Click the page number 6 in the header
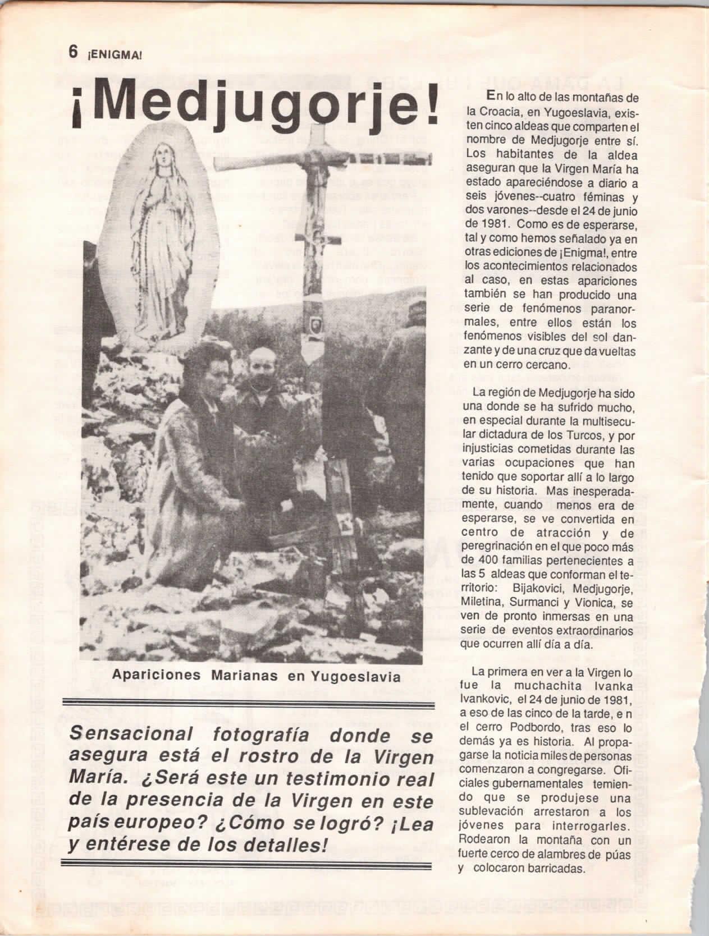(72, 52)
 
